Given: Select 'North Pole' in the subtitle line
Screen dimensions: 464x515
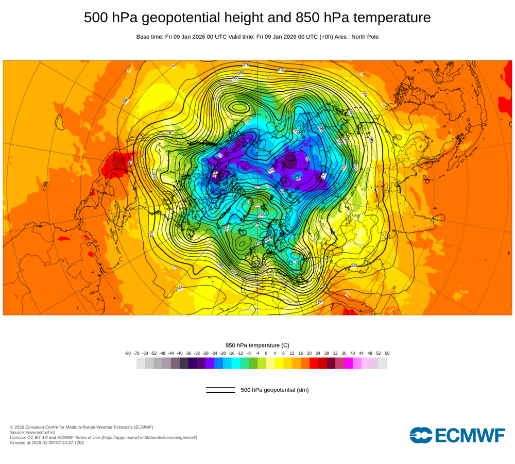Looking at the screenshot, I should tap(365, 37).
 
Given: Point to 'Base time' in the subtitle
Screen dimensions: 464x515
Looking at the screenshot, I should tap(149, 37).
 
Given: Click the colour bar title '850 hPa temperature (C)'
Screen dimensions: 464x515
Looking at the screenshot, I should tap(257, 345).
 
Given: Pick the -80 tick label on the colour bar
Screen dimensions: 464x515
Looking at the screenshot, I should tap(128, 353).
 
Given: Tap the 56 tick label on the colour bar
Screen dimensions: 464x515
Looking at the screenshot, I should tap(387, 353).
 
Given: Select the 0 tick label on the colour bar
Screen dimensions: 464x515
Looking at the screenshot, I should tap(266, 353).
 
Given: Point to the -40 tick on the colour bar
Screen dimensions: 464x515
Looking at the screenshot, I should tap(180, 353).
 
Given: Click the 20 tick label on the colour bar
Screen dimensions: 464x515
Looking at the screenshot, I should tap(310, 353).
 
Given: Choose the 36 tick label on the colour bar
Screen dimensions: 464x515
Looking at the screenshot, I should tap(344, 353).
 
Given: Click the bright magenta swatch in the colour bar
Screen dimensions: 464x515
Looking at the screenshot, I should tap(348, 363).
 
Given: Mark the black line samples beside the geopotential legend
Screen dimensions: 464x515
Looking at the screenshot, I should tap(220, 390).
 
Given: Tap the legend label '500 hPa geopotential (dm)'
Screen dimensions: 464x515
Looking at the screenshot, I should tap(274, 390).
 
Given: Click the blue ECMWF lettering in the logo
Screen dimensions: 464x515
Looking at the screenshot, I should tap(470, 436).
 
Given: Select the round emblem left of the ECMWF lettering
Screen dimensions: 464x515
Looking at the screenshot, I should tap(421, 435).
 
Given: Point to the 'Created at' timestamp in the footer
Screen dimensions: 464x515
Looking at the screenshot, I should tap(47, 442).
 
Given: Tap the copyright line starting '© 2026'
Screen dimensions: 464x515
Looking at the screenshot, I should tap(81, 427).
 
